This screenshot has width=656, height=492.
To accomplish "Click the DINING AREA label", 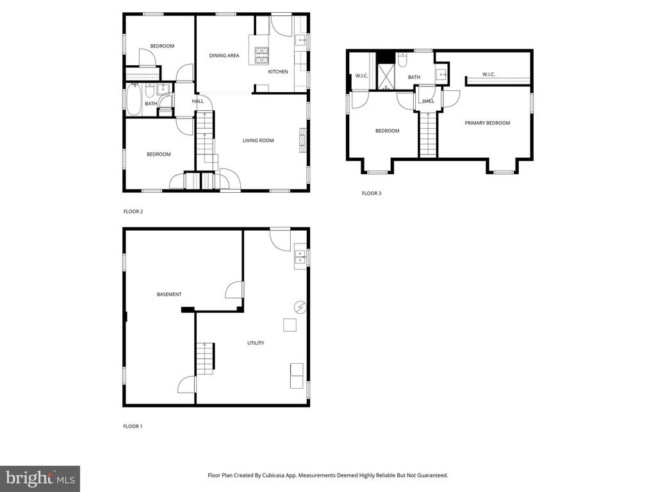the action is [224, 55].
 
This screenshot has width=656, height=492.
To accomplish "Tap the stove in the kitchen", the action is [262, 56].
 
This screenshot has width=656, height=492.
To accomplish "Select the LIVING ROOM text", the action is [258, 140].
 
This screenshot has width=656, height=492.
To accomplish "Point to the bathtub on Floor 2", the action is [133, 99].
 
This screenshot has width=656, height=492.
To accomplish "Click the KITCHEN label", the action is [278, 72].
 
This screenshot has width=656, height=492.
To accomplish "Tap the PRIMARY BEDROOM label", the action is [488, 123].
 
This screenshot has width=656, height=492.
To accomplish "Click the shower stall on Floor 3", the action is [386, 77].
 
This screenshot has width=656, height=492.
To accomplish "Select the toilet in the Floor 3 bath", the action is [402, 60].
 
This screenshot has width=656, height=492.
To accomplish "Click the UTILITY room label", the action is [256, 343].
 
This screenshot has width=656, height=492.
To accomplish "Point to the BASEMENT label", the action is [169, 295].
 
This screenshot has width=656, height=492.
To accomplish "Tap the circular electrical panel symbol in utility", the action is [300, 307].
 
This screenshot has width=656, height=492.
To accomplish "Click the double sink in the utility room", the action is [300, 256].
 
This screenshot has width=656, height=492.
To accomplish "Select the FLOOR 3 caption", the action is [372, 193].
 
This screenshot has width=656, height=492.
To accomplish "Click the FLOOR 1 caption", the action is [133, 426].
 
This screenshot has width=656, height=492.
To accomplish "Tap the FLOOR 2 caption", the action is [133, 211].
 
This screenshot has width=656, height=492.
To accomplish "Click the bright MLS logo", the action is [40, 479].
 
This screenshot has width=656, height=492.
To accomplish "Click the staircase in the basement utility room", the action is [206, 359].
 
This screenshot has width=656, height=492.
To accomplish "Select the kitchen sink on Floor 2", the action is [301, 40].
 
